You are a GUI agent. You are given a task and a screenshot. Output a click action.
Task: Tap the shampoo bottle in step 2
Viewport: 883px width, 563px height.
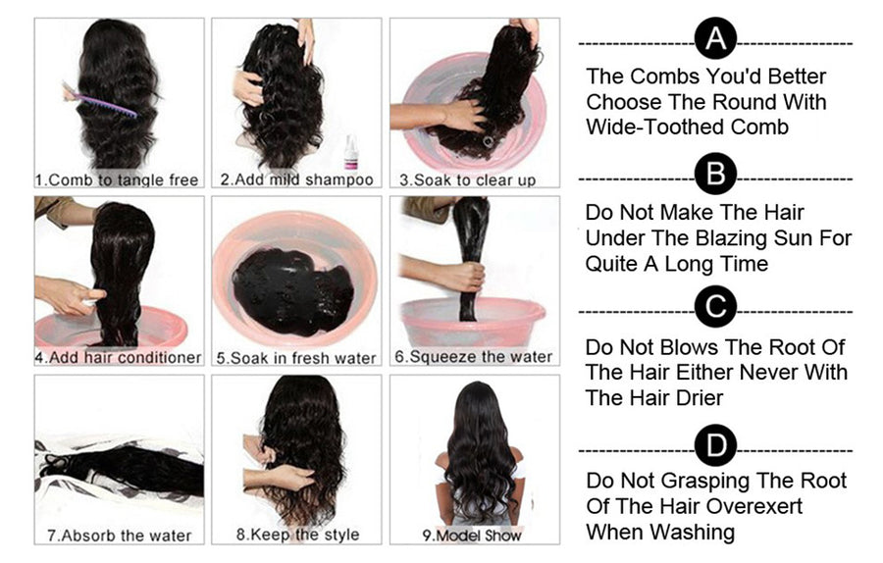pyautogui.click(x=350, y=151)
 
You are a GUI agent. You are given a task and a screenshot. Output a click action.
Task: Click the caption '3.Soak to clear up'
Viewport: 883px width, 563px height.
pyautogui.click(x=467, y=180)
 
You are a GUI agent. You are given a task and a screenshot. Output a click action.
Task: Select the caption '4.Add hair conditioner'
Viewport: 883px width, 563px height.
pyautogui.click(x=118, y=358)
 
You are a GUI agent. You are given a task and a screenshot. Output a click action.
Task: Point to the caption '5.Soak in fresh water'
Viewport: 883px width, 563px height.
pyautogui.click(x=296, y=358)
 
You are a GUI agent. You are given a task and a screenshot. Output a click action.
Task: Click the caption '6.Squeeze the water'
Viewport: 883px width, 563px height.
pyautogui.click(x=474, y=357)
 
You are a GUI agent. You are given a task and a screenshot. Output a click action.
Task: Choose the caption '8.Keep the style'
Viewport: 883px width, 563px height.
pyautogui.click(x=297, y=536)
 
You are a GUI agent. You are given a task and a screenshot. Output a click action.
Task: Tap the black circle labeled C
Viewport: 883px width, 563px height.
pyautogui.click(x=715, y=308)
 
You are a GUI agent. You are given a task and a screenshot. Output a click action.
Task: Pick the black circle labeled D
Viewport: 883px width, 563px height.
pyautogui.click(x=715, y=446)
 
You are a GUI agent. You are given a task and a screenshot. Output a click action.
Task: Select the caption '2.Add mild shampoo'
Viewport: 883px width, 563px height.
pyautogui.click(x=296, y=180)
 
